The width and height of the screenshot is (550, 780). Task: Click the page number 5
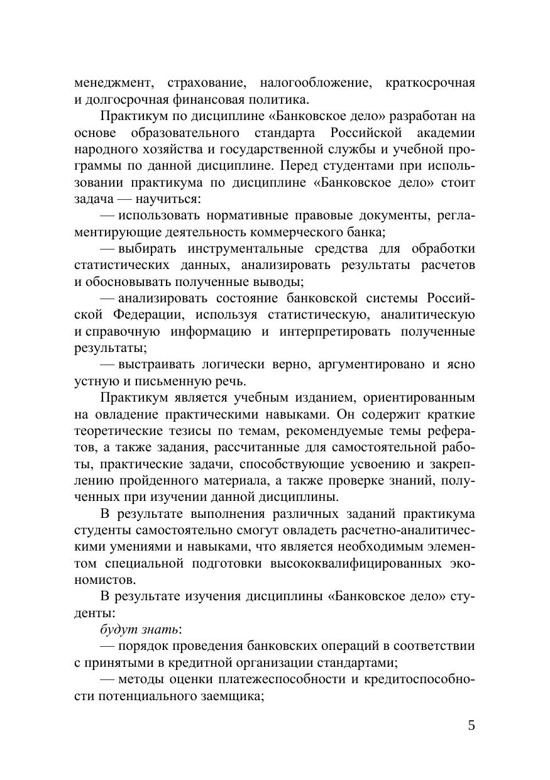pos(471,725)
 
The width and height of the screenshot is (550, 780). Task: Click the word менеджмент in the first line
pos(113,83)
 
